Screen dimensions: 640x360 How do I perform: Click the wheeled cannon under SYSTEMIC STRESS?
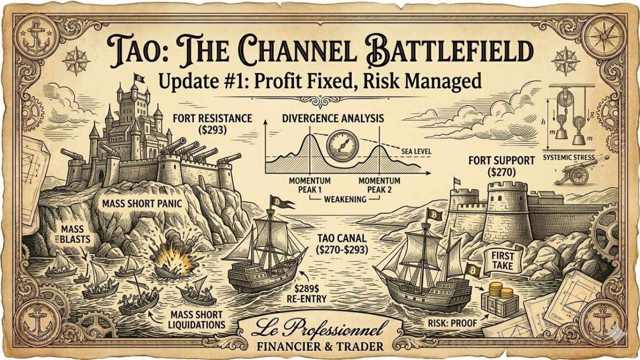point(577,172)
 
